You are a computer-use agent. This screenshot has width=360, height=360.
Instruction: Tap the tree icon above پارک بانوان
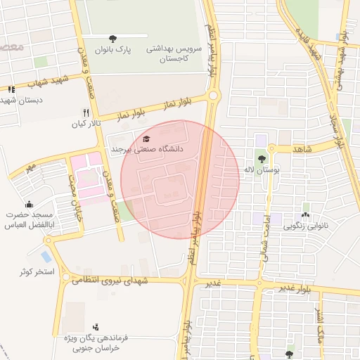114,38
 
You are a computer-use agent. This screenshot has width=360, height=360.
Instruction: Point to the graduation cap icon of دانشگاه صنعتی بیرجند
146,139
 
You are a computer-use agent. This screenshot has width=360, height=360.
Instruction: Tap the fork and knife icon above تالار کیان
86,112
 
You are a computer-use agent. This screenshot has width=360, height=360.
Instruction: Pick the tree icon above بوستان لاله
262,158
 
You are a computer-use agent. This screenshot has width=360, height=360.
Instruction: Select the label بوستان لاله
259,170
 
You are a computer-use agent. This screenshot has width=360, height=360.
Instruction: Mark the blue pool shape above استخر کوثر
47,256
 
